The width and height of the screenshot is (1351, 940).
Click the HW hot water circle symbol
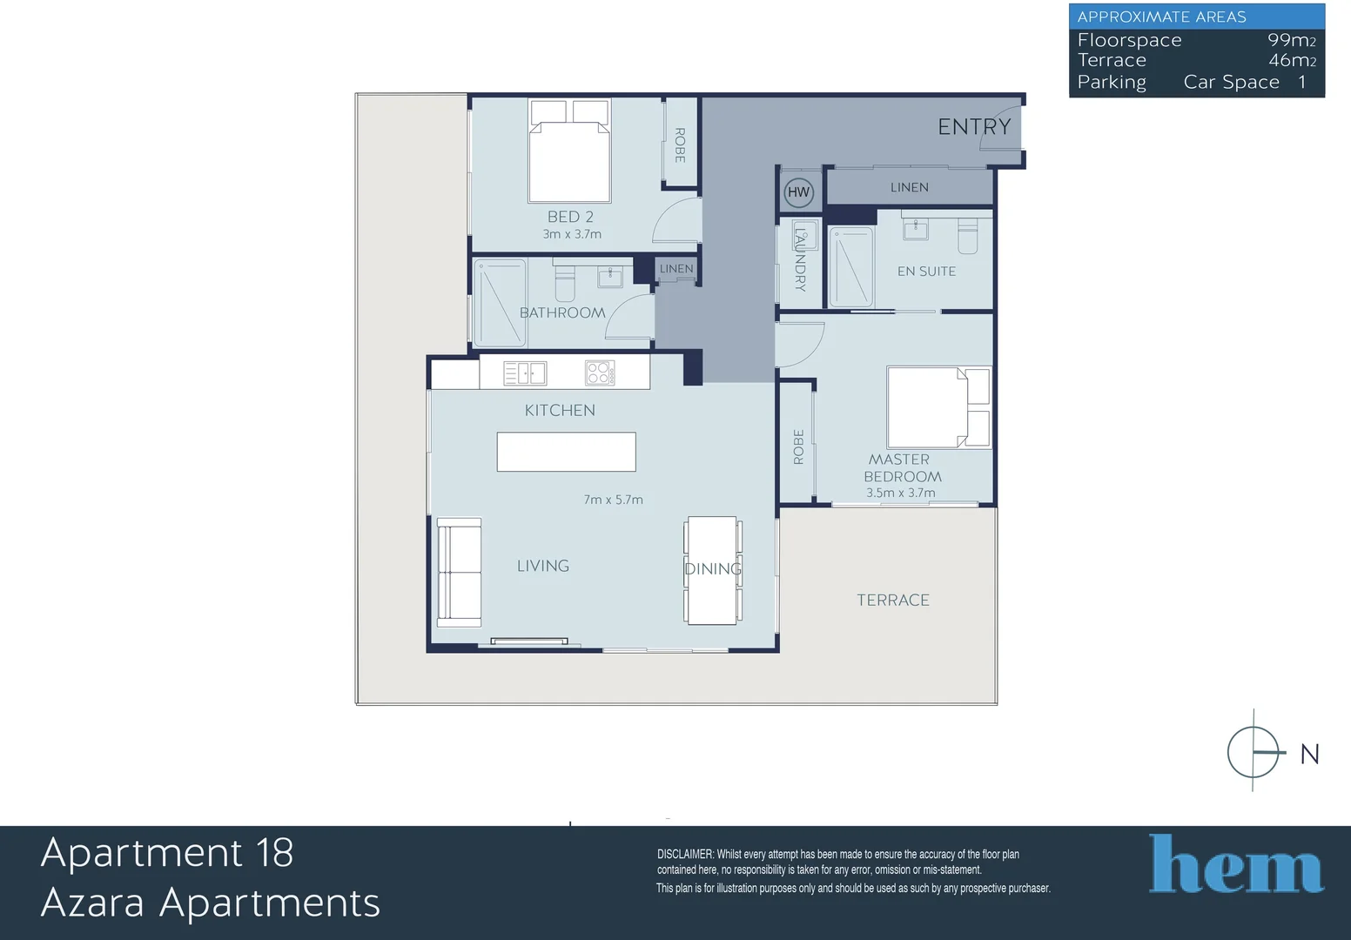coord(798,192)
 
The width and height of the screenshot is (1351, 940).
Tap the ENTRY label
coord(974,126)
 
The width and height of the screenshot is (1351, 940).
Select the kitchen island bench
coord(567,452)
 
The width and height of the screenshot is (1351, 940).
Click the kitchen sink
coord(525,373)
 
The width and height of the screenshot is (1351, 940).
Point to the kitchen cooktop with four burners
coord(600,373)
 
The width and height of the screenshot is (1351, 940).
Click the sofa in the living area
coord(460,572)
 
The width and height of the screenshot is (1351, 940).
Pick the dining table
coord(712,570)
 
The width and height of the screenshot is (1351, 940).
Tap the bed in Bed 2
coord(569,151)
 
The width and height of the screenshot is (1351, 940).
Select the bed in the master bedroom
coord(938,407)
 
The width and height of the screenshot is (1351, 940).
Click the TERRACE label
coord(893,600)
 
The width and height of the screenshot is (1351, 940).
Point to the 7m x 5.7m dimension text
coord(614,500)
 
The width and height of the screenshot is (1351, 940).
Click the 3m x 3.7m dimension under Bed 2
coord(572,234)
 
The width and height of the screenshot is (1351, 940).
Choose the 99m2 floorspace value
coord(1291,40)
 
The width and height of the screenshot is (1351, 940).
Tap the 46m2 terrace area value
coord(1292,60)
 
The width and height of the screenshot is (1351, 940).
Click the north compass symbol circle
coord(1254,753)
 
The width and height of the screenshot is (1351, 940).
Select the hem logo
coord(1236,863)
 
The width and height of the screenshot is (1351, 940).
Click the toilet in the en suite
coord(967,236)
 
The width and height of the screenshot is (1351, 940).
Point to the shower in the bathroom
coord(500,303)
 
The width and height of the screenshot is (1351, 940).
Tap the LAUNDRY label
coord(800,259)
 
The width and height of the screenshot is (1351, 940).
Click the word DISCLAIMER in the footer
coord(685,855)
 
